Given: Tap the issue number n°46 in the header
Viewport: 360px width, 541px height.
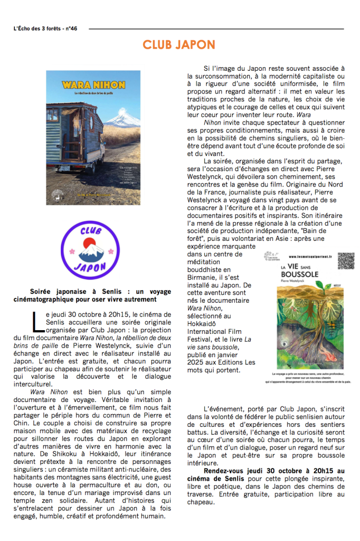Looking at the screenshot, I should (x=70, y=29).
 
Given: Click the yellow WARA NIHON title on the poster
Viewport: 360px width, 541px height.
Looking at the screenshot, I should (x=93, y=85).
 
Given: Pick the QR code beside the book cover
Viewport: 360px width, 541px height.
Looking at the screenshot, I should (x=346, y=261).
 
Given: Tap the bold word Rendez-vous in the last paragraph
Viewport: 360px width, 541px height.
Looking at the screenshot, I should (x=222, y=471).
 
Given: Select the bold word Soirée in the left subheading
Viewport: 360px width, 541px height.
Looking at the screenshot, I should (x=42, y=292).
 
